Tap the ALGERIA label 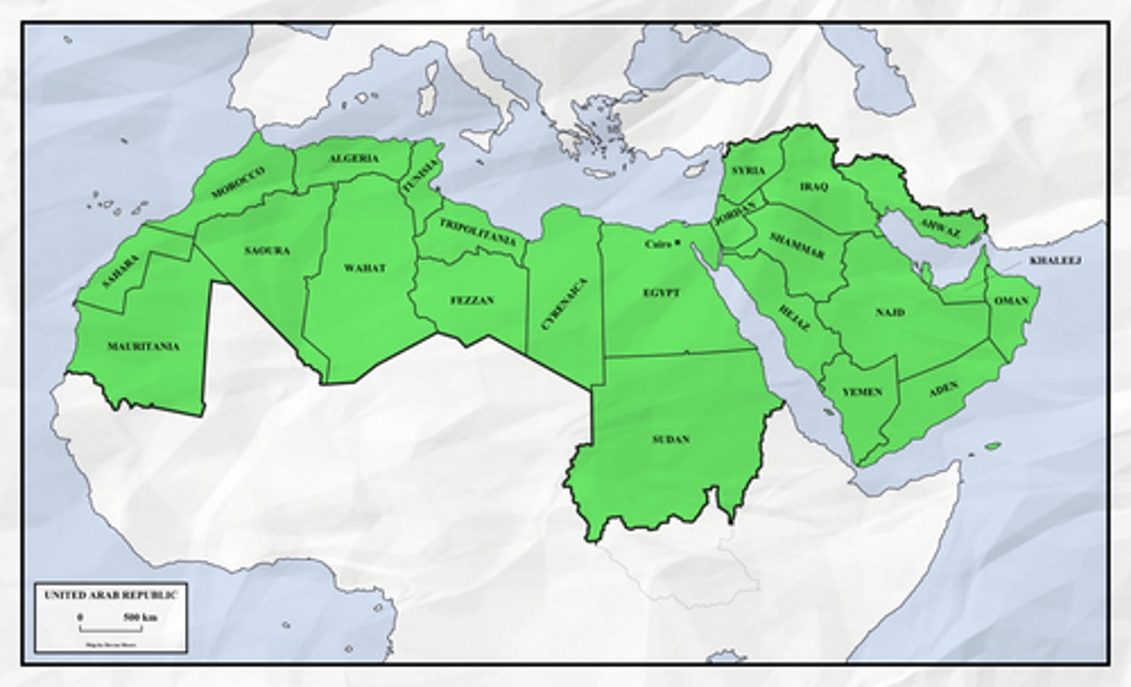353,159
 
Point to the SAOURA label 267,250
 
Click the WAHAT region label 365,268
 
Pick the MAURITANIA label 144,346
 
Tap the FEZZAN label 472,301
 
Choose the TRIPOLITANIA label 478,232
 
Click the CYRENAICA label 565,302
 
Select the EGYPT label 661,293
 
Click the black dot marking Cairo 676,242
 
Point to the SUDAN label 671,439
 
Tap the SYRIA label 748,170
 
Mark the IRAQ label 814,187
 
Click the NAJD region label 890,312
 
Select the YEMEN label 862,392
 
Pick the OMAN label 1011,301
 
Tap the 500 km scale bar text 141,618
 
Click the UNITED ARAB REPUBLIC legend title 111,595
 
